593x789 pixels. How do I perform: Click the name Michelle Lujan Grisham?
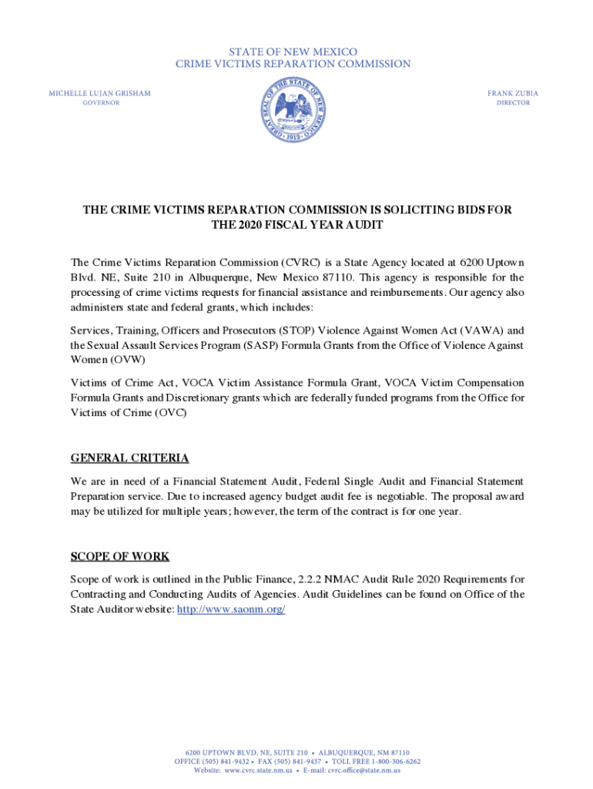(x=100, y=93)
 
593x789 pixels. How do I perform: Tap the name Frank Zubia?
(x=513, y=93)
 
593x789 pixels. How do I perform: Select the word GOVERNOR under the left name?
(x=101, y=103)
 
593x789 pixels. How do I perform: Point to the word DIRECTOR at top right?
(x=513, y=103)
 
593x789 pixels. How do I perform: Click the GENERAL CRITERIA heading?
(x=129, y=458)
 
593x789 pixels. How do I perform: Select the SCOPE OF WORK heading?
(x=120, y=556)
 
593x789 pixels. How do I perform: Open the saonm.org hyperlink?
(x=231, y=609)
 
